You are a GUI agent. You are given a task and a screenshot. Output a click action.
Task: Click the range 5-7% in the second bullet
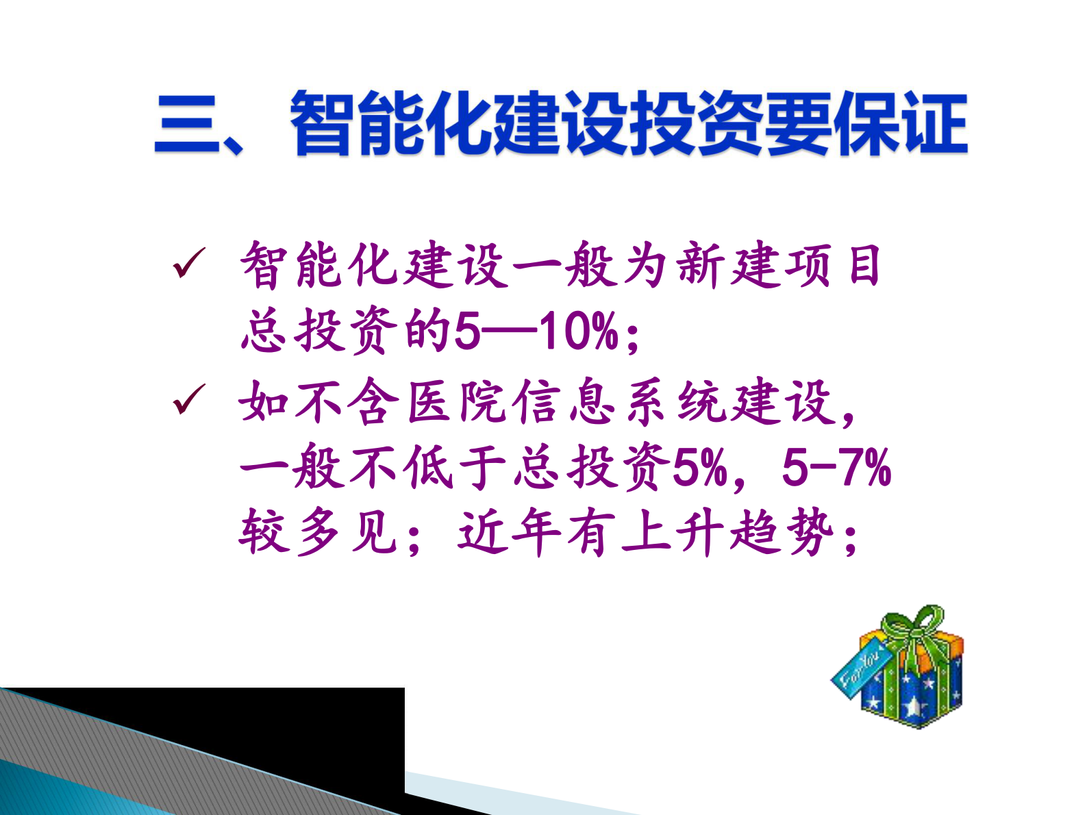[x=836, y=468]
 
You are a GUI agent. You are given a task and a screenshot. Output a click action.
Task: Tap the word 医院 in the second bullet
[x=458, y=401]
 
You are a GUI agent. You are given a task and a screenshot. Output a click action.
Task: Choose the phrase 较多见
[x=318, y=532]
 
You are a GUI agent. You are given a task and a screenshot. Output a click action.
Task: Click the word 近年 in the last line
[x=510, y=532]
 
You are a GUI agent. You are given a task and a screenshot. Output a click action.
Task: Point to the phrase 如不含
[x=318, y=401]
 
